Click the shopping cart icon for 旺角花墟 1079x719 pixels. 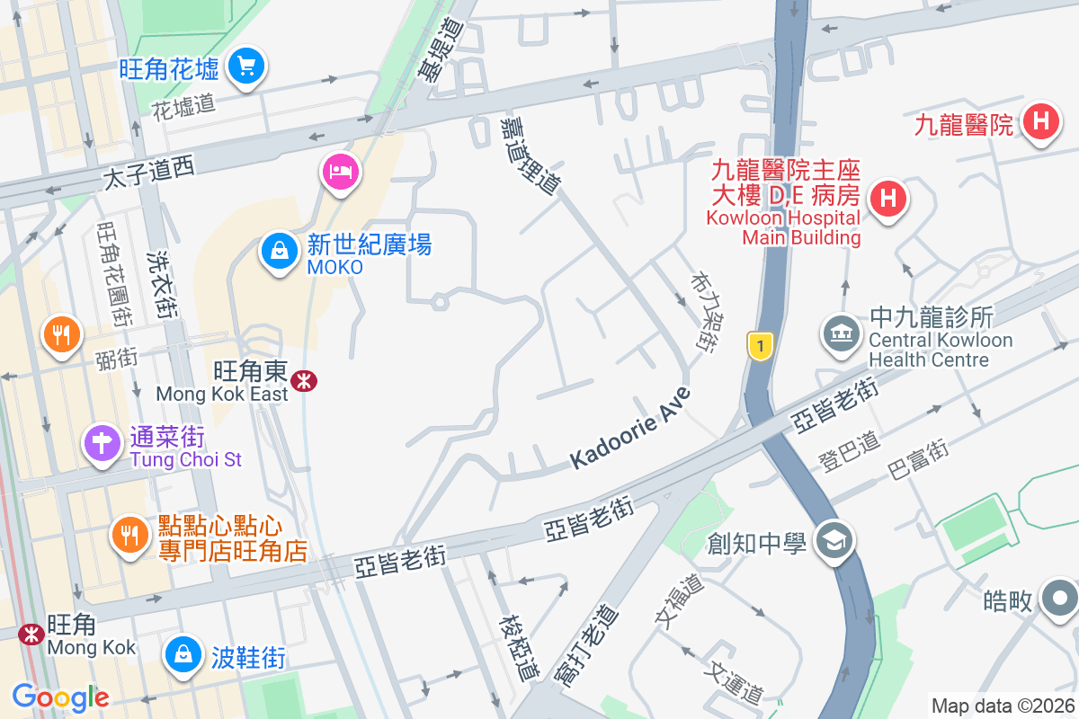(x=244, y=67)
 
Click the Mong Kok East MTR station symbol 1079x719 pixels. (x=305, y=381)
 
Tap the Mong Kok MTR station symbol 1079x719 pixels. (x=31, y=634)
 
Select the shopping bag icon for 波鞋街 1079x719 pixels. (x=183, y=652)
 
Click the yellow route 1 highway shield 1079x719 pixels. (x=761, y=345)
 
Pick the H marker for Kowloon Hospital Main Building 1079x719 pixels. (x=888, y=197)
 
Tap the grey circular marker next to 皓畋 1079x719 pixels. (x=1060, y=598)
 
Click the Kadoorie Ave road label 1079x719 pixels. (x=631, y=428)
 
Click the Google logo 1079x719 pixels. (x=60, y=697)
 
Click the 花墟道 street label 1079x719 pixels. (x=183, y=106)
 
